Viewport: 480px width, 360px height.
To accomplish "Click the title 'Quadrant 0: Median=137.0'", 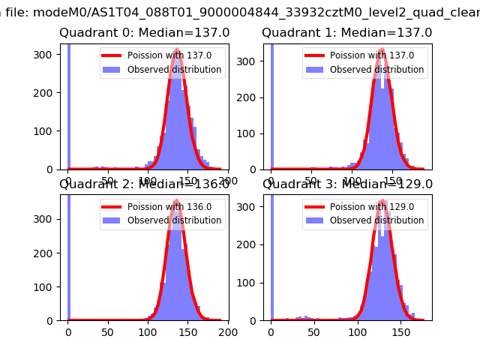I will point(144,33).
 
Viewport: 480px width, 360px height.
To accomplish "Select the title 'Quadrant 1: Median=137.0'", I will point(346,33).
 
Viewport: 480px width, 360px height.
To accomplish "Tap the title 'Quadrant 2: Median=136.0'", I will point(144,184).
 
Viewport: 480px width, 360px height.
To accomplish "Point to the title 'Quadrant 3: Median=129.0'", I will point(346,184).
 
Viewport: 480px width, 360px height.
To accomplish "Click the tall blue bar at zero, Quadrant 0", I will point(68,105).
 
